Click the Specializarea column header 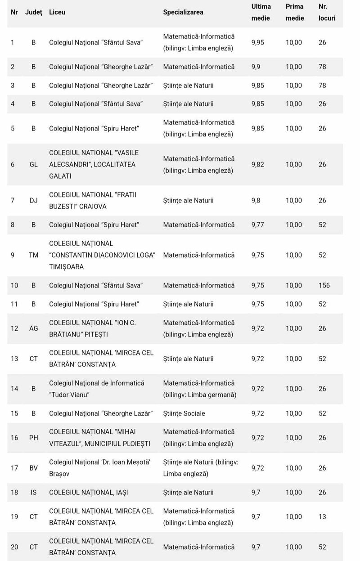pos(183,12)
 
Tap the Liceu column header pos(57,12)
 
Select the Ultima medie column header pos(261,12)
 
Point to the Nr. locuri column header pos(327,12)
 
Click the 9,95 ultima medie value pos(257,42)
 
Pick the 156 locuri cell pos(324,285)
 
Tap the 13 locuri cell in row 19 pos(322,516)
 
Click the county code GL pos(34,164)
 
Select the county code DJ pos(34,200)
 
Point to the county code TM pos(34,255)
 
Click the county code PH pos(34,437)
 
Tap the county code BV pos(34,468)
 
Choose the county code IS pos(34,492)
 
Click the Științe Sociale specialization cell pos(184,413)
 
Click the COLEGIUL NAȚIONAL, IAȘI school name pos(88,492)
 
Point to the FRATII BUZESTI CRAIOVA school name pos(92,200)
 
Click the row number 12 pos(14,328)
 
